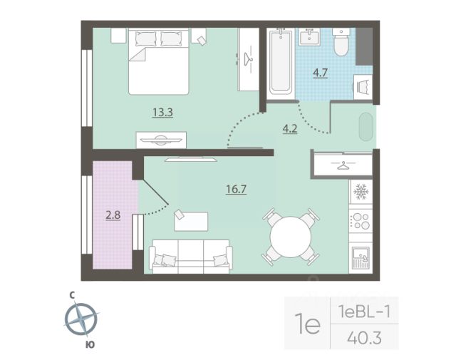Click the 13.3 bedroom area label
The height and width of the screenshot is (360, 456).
click(162, 112)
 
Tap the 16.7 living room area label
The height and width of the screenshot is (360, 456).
click(236, 190)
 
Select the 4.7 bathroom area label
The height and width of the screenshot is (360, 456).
click(320, 73)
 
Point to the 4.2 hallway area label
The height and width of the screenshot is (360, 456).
click(290, 128)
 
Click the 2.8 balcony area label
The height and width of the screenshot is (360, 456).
click(113, 215)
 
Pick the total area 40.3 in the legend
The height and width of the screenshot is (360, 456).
click(364, 338)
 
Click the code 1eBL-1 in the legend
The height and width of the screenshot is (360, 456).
click(364, 312)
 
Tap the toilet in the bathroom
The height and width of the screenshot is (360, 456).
click(341, 42)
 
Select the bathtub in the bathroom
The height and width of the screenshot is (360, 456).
click(281, 62)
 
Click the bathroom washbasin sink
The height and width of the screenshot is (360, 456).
click(310, 37)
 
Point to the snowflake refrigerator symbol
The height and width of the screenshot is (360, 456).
click(361, 192)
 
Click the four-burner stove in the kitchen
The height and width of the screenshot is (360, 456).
click(361, 221)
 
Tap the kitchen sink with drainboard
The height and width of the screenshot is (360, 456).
click(361, 258)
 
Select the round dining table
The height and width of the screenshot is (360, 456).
click(291, 237)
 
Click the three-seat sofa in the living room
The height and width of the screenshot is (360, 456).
click(191, 257)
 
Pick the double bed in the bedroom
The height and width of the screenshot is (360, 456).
click(159, 61)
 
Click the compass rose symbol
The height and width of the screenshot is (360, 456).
click(81, 319)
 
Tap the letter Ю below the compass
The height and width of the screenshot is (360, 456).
click(90, 345)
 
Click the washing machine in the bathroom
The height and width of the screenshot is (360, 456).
click(363, 87)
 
